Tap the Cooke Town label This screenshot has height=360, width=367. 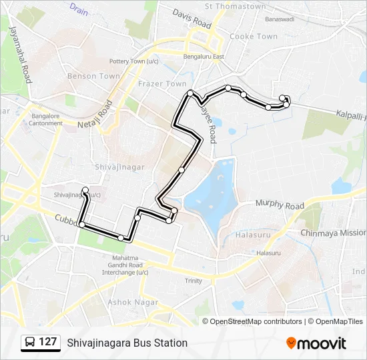pos(253,37)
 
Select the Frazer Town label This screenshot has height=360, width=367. pos(162,84)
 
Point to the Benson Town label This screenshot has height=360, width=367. pos(93,76)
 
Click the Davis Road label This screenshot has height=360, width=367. pos(192,18)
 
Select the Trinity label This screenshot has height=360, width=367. pos(194,281)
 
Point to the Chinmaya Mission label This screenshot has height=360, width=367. pos(333,233)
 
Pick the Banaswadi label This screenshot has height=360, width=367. pos(279,19)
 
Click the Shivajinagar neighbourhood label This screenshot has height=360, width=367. pos(120,166)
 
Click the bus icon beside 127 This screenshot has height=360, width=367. pos(30,342)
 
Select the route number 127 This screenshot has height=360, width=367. pos(48,342)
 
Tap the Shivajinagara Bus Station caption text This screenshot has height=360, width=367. pos(127,343)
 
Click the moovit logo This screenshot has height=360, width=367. pos(316,343)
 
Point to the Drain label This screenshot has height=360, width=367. pos(79,10)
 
